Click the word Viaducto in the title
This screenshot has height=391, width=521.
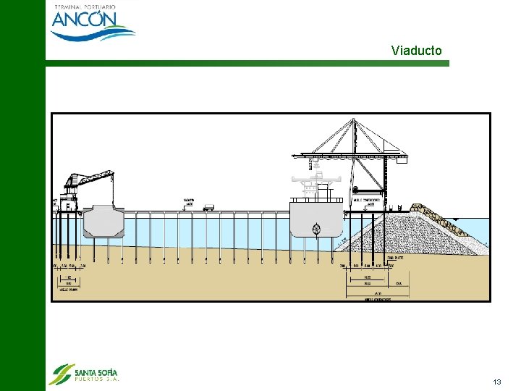(416, 51)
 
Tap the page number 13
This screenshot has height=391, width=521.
(496, 382)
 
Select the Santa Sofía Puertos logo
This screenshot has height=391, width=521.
(84, 374)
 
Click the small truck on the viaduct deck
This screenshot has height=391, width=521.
(208, 208)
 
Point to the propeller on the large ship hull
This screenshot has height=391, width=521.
(316, 230)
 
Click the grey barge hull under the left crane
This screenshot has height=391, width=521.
(103, 222)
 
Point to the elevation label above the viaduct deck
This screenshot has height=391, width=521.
(189, 203)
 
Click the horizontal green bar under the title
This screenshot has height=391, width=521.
(246, 64)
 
